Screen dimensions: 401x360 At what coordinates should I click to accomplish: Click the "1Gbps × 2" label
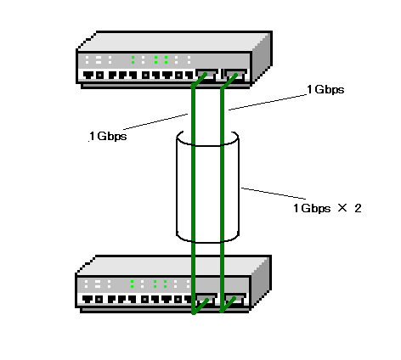(327, 208)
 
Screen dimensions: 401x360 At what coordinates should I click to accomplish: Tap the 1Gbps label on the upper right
(325, 89)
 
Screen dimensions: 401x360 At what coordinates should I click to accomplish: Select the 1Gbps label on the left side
(108, 137)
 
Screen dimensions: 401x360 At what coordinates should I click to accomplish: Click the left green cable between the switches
(194, 198)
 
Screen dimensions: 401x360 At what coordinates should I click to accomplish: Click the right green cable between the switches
(222, 198)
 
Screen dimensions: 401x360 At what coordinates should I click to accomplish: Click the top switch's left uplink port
(206, 75)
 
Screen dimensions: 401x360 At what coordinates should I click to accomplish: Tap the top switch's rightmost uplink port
(235, 75)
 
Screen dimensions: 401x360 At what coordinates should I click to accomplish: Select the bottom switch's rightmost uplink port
(235, 300)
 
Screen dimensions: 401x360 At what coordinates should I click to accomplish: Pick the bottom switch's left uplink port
(206, 300)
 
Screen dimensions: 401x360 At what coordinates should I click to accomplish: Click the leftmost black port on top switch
(88, 76)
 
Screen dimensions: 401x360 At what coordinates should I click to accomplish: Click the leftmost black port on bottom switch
(88, 299)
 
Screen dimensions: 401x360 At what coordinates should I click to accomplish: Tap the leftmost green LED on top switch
(133, 59)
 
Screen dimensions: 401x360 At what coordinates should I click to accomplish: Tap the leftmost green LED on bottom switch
(132, 284)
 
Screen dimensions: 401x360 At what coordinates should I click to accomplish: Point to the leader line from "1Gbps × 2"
(274, 194)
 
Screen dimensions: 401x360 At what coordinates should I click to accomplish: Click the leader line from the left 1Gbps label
(155, 121)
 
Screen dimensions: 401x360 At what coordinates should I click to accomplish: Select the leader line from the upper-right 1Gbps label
(268, 102)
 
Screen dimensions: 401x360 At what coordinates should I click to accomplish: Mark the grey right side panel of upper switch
(261, 58)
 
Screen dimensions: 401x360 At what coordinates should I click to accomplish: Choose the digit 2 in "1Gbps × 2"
(359, 208)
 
